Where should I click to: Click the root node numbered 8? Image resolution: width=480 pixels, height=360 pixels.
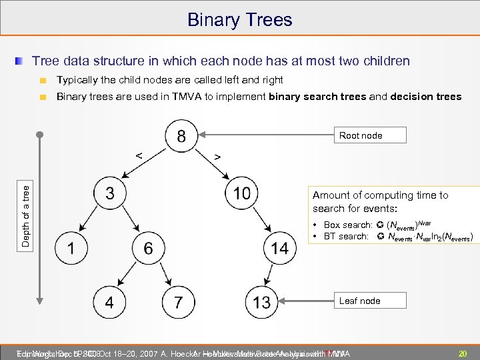pyautogui.click(x=181, y=137)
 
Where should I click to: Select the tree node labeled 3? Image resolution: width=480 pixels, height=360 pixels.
pyautogui.click(x=109, y=193)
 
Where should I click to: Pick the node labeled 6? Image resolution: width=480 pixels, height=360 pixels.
pyautogui.click(x=148, y=249)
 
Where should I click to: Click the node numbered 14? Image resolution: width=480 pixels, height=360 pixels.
pyautogui.click(x=279, y=249)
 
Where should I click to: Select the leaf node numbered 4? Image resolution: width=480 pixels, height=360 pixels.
pyautogui.click(x=109, y=302)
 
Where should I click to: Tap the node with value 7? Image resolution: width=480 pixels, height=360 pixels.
pyautogui.click(x=177, y=302)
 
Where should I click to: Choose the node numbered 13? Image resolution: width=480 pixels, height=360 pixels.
pyautogui.click(x=261, y=302)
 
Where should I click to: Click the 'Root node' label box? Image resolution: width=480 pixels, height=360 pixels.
pyautogui.click(x=361, y=135)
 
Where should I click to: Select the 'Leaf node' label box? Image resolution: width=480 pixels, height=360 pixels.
pyautogui.click(x=360, y=301)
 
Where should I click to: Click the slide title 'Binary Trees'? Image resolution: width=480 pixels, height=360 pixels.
pyautogui.click(x=239, y=19)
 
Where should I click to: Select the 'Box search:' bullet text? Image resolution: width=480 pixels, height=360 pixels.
pyautogui.click(x=346, y=225)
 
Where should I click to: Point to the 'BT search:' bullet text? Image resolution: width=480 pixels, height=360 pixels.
pyautogui.click(x=345, y=236)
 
